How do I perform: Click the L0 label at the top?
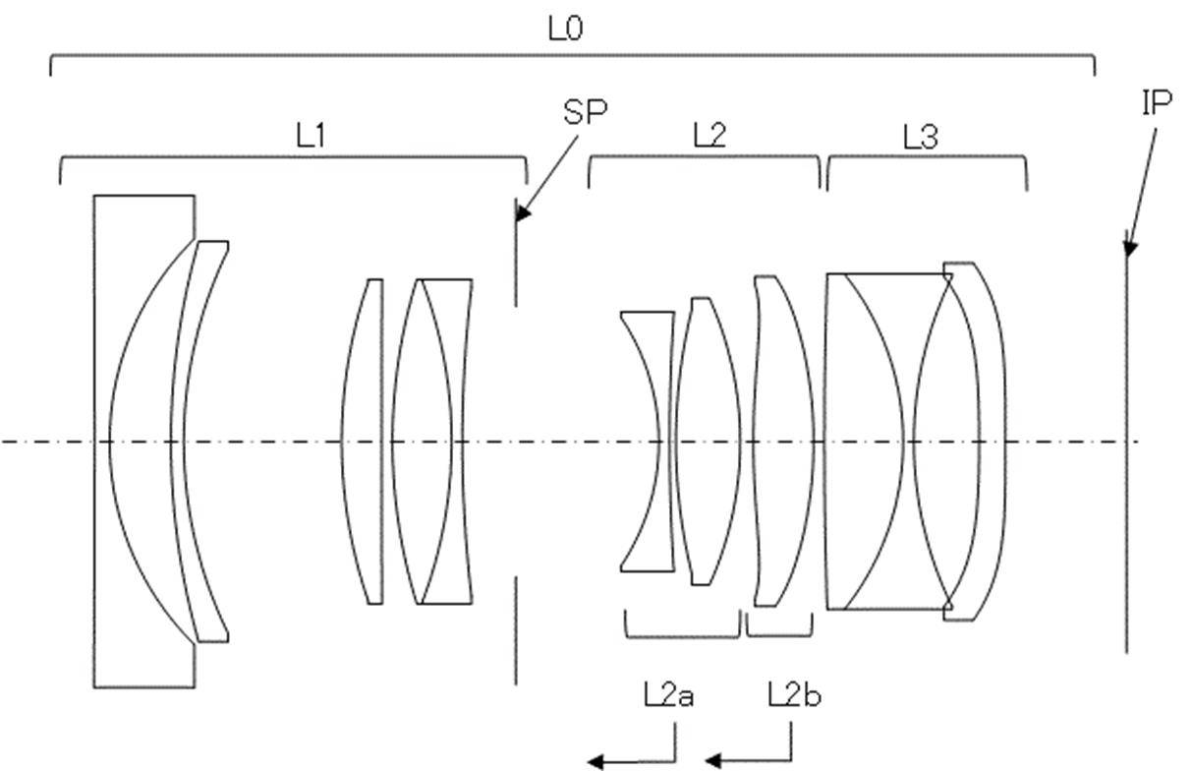(x=565, y=29)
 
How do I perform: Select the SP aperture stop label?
(x=585, y=112)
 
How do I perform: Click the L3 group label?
(x=921, y=137)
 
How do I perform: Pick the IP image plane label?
(x=1157, y=102)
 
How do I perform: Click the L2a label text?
(x=668, y=695)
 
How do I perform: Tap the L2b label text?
(x=794, y=695)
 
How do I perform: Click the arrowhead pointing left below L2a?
(x=595, y=761)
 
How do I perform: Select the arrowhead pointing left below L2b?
(x=713, y=761)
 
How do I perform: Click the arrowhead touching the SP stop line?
(x=523, y=213)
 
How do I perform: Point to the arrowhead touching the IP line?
(x=1129, y=249)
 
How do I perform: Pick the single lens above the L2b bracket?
(x=782, y=442)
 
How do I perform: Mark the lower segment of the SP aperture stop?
(x=515, y=630)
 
